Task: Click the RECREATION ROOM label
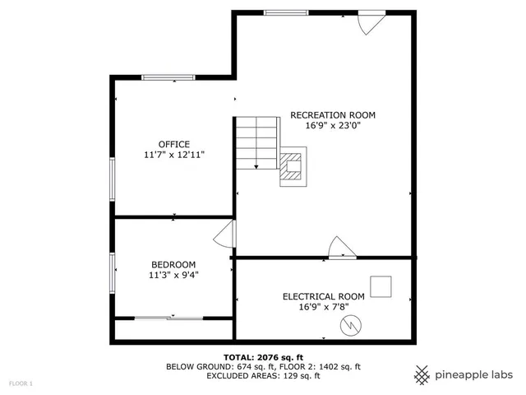pos(333,114)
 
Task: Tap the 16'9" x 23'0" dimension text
pos(333,126)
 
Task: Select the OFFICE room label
pos(173,144)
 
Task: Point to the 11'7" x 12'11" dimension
pos(173,155)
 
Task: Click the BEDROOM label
pos(173,264)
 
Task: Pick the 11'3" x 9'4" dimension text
pos(173,275)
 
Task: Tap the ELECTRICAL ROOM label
pos(323,296)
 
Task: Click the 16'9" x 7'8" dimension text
pos(323,307)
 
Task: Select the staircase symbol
pos(258,142)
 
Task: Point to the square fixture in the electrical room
pos(381,286)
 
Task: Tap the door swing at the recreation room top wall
pos(371,22)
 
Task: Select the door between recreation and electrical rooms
pos(341,248)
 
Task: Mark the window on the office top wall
pos(168,77)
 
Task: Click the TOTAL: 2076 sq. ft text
pos(262,357)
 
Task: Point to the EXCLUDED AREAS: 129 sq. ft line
pos(262,376)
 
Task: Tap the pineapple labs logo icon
pos(422,374)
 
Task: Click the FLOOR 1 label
pos(21,384)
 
